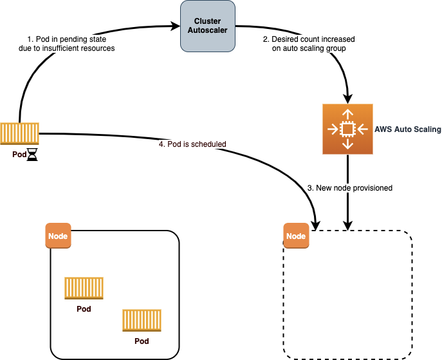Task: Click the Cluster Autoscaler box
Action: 208,26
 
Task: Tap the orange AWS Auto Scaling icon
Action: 347,129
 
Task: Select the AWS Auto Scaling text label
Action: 408,129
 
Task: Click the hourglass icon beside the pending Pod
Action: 32,155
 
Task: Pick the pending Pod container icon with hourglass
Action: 19,133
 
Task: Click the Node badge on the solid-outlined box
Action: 58,236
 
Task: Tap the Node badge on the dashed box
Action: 296,236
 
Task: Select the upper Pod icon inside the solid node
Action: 84,288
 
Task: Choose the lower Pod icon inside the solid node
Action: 142,320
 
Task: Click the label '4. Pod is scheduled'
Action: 192,144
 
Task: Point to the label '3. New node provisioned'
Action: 350,188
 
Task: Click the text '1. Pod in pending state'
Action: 67,39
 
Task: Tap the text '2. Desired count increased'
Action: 309,39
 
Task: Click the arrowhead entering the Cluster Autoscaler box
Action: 176,26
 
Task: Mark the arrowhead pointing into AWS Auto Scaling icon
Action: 348,99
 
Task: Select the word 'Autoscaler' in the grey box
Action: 207,30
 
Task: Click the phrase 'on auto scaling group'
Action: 309,48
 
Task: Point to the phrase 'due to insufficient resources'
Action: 67,48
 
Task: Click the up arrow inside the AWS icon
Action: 347,115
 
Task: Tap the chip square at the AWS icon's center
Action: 347,129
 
